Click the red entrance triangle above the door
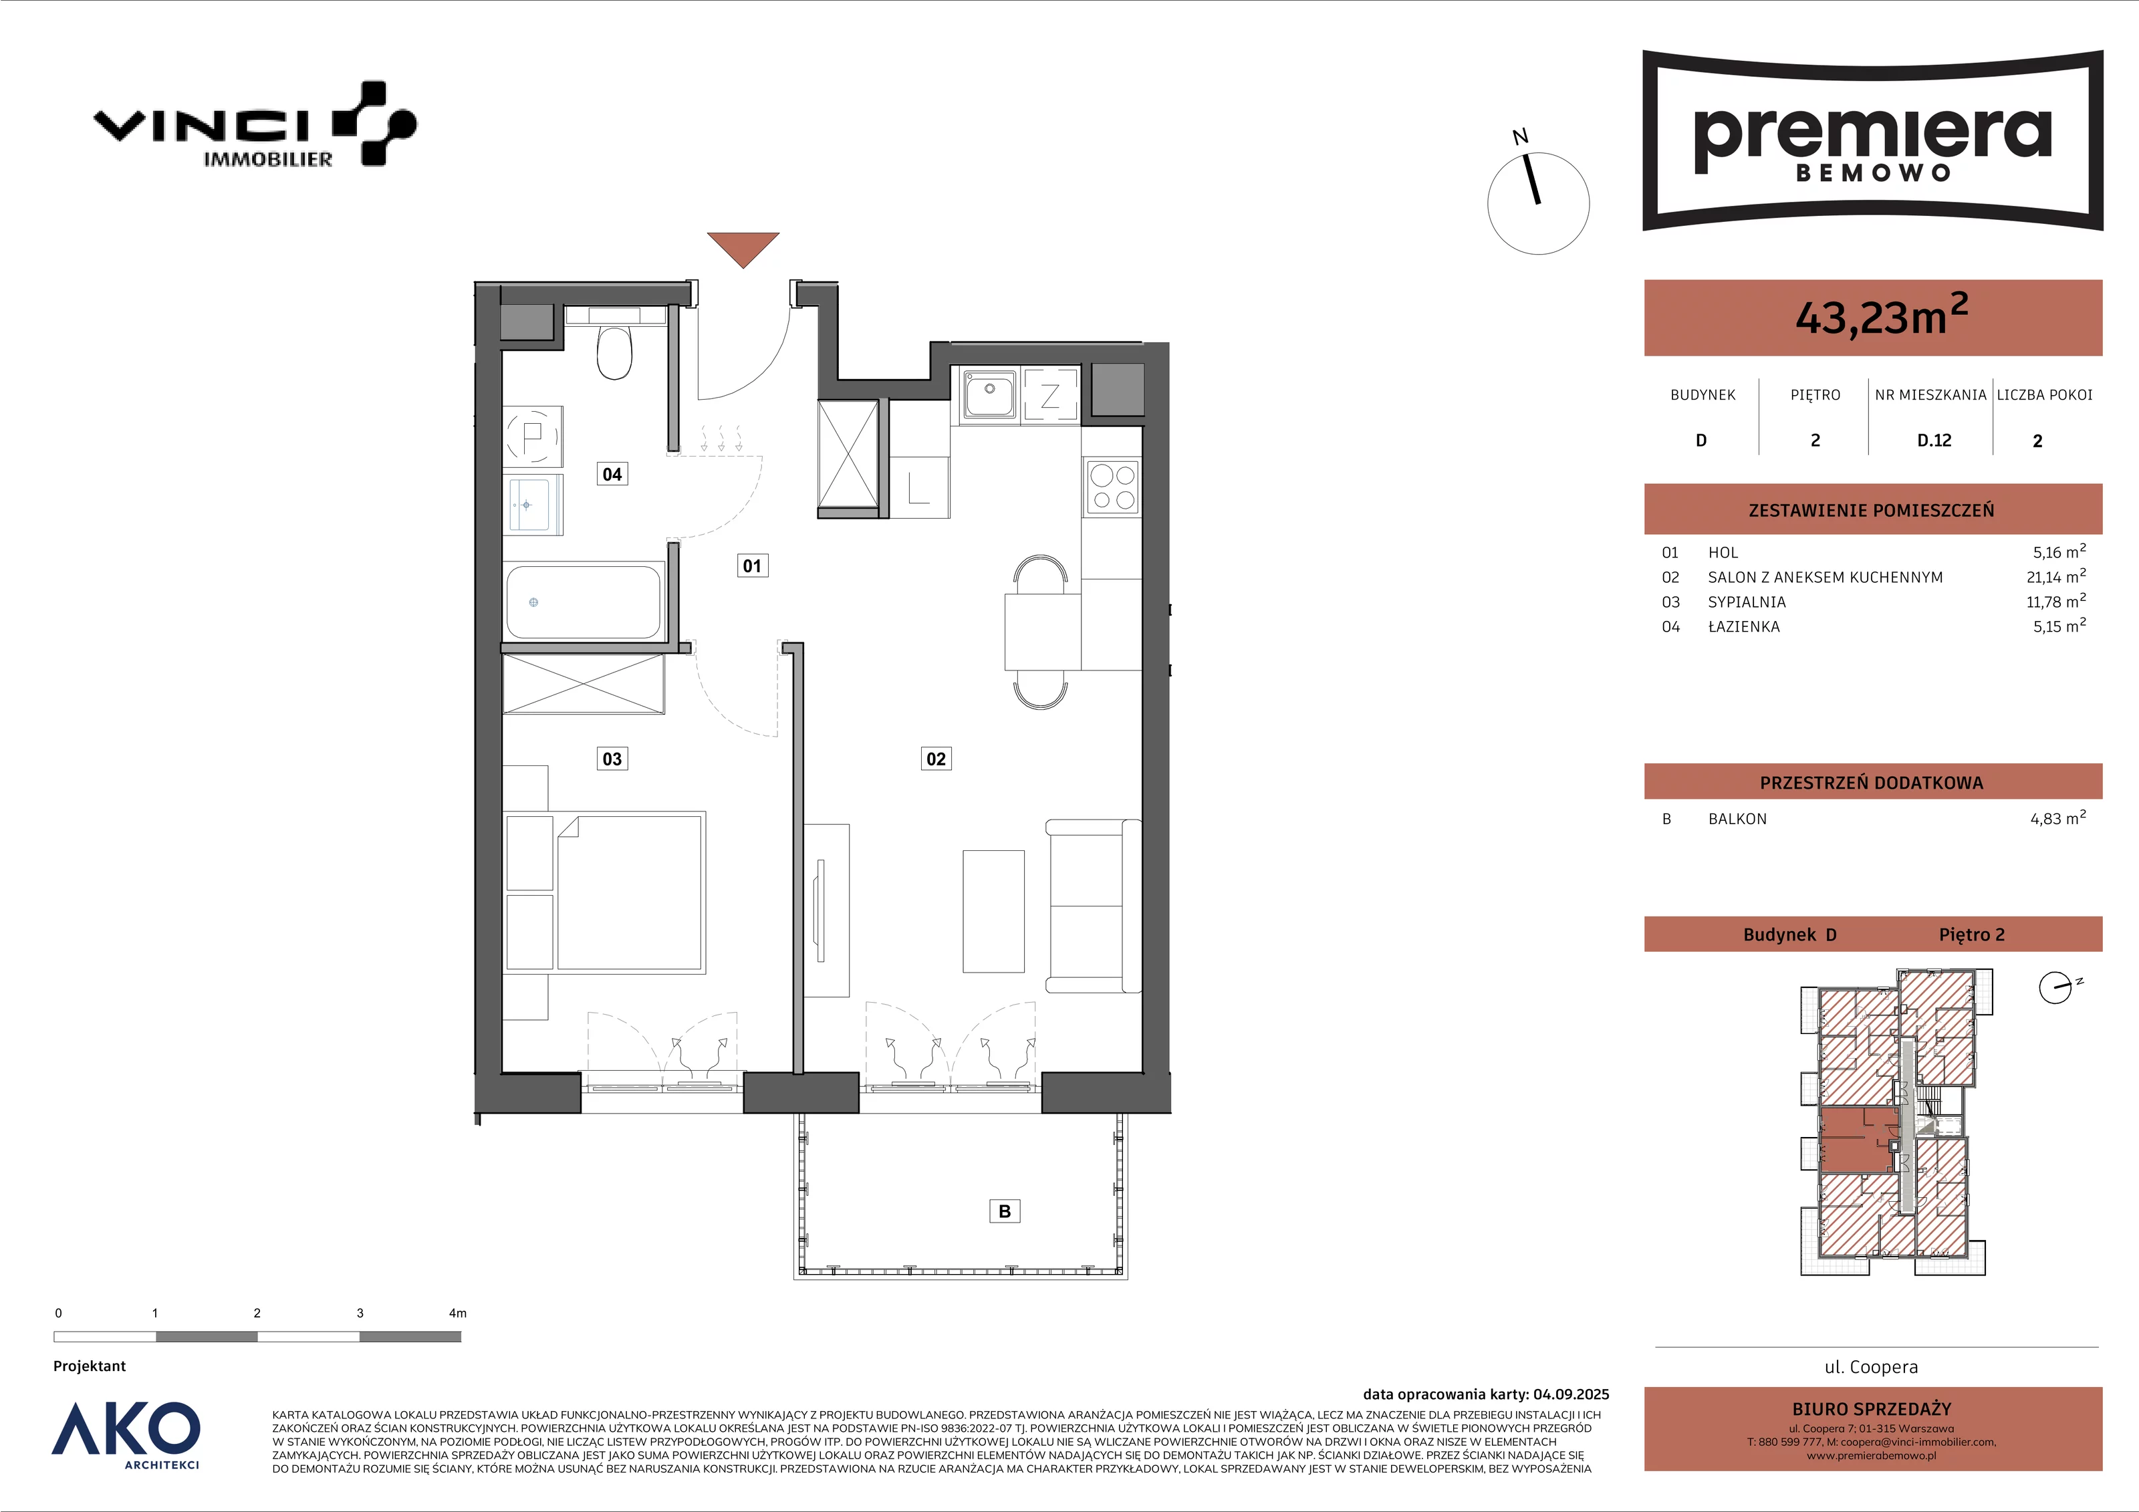(743, 248)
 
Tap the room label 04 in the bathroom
(612, 474)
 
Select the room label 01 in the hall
(752, 565)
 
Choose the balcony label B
(1004, 1211)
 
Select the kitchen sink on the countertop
(989, 393)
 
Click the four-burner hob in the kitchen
(1112, 487)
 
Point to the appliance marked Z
(1050, 395)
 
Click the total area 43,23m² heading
(1881, 314)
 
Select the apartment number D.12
(1934, 440)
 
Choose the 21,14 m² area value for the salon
(2056, 577)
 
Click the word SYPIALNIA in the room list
(1747, 602)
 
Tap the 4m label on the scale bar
(457, 1313)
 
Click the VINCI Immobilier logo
(254, 124)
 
